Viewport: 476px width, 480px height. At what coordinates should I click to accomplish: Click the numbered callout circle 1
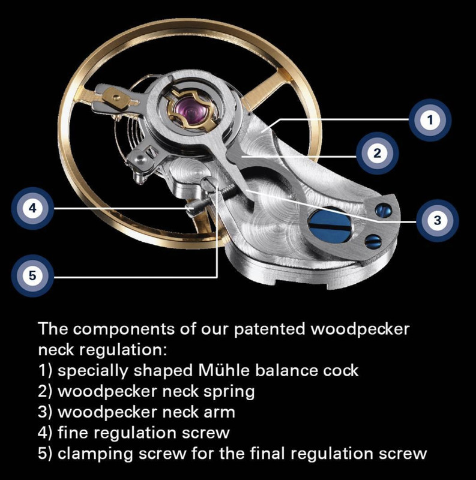pyautogui.click(x=429, y=121)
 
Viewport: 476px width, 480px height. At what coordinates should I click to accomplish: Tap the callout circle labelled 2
pyautogui.click(x=376, y=154)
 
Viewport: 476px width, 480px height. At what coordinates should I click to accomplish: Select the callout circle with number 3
pyautogui.click(x=437, y=220)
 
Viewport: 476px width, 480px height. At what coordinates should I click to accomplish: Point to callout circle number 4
pyautogui.click(x=32, y=209)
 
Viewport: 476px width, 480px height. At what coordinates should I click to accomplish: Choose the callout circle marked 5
pyautogui.click(x=32, y=276)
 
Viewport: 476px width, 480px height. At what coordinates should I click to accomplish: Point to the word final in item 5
pyautogui.click(x=269, y=454)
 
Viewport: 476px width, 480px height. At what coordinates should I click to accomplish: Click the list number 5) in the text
pyautogui.click(x=45, y=454)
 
